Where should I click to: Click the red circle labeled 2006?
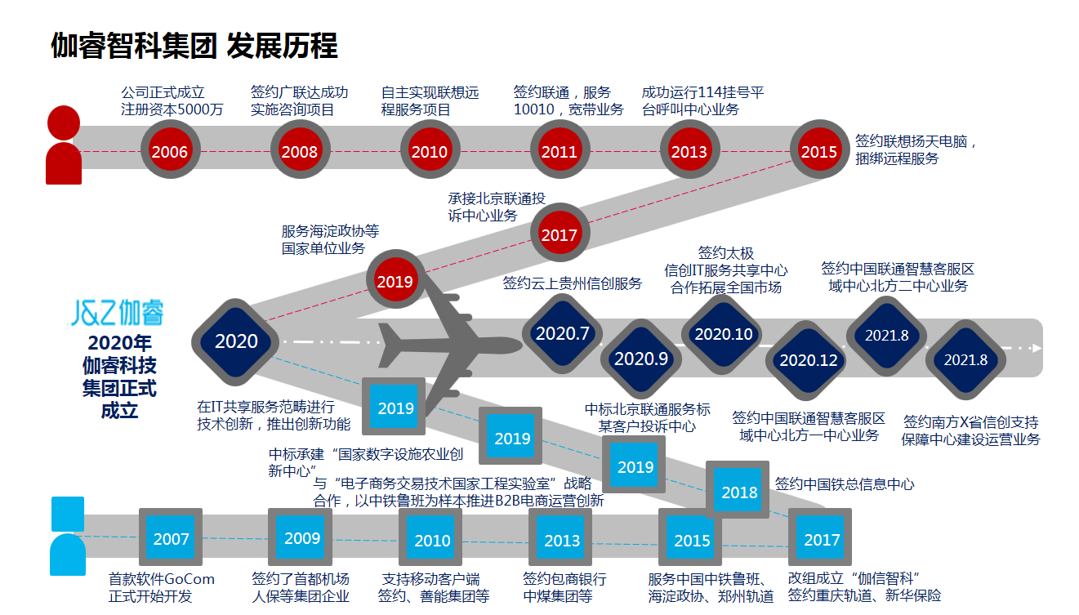pyautogui.click(x=170, y=150)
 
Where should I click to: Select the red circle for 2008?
pyautogui.click(x=300, y=150)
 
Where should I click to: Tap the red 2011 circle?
pyautogui.click(x=559, y=150)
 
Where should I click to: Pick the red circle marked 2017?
pyautogui.click(x=560, y=234)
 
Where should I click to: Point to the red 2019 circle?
pyautogui.click(x=395, y=281)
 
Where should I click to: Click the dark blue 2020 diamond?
pyautogui.click(x=236, y=341)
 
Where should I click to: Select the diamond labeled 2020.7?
pyautogui.click(x=562, y=333)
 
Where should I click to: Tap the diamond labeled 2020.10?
pyautogui.click(x=723, y=333)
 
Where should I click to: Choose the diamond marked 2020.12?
pyautogui.click(x=808, y=359)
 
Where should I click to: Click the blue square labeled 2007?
pyautogui.click(x=171, y=538)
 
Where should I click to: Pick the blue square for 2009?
pyautogui.click(x=301, y=537)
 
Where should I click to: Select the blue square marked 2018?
pyautogui.click(x=739, y=491)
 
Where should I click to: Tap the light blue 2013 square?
pyautogui.click(x=562, y=539)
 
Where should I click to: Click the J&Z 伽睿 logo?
pyautogui.click(x=117, y=313)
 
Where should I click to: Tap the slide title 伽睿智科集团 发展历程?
pyautogui.click(x=194, y=47)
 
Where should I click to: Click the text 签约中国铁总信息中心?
pyautogui.click(x=845, y=484)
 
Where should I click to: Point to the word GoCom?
pyautogui.click(x=189, y=579)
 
